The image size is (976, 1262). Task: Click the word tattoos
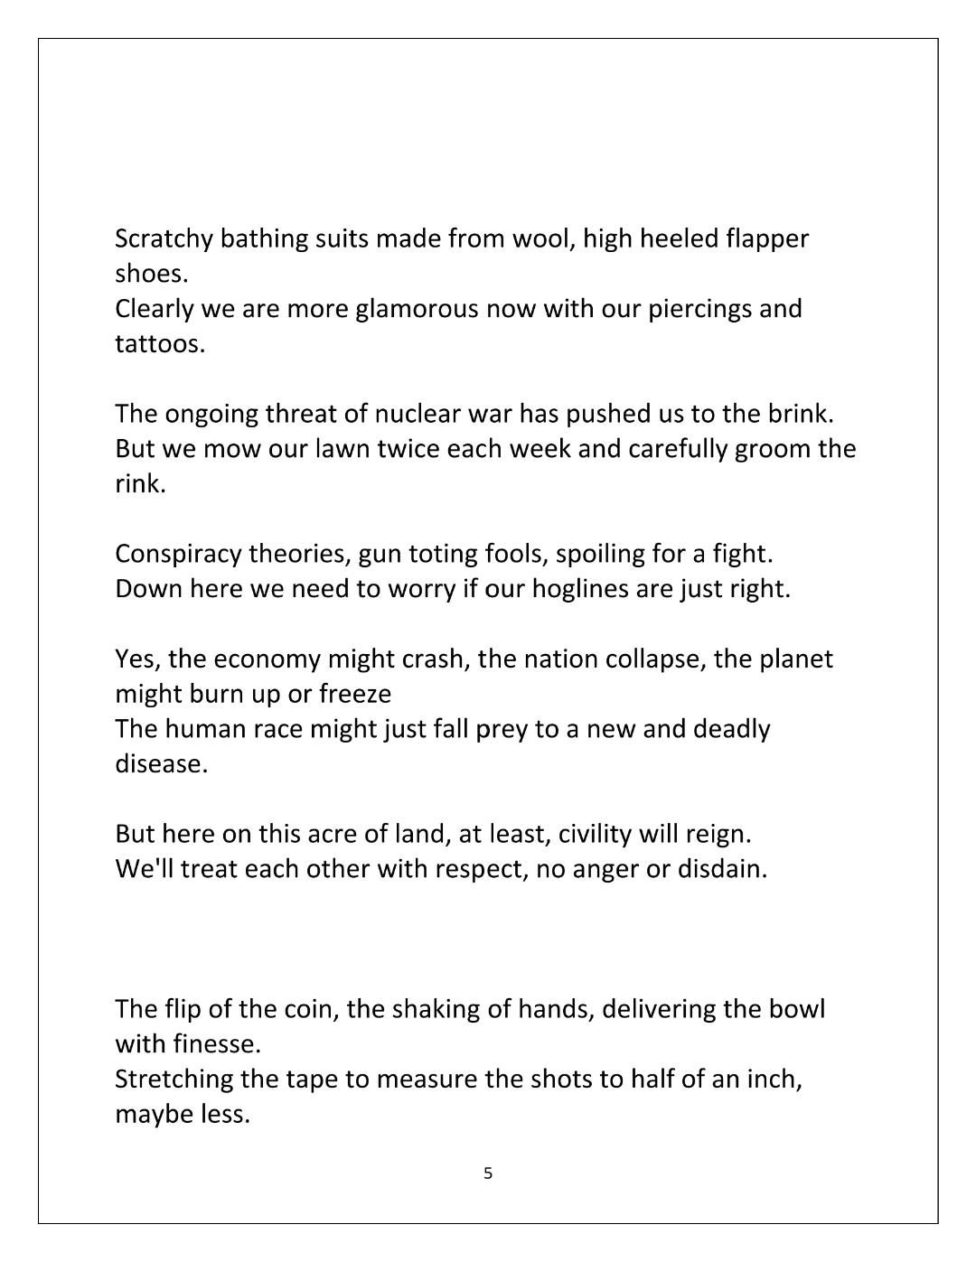[x=160, y=344]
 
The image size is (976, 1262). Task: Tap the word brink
[x=800, y=414]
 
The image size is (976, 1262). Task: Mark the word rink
[x=140, y=484]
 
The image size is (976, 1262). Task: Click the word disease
[x=161, y=764]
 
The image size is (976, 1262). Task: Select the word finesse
[x=218, y=1044]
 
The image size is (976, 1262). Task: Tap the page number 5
[x=488, y=1173]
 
